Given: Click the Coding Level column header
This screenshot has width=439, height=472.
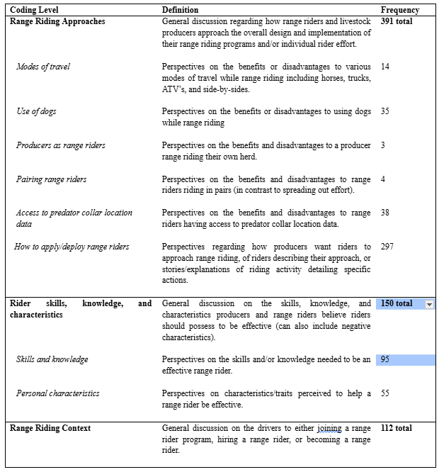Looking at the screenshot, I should pyautogui.click(x=34, y=10).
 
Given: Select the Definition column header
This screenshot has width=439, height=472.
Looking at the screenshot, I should pyautogui.click(x=180, y=10).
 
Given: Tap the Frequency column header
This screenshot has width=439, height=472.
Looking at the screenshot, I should pyautogui.click(x=399, y=10).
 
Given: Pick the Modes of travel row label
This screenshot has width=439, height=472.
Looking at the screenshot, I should pyautogui.click(x=43, y=67).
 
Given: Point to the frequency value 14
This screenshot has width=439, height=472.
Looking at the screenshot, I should pyautogui.click(x=385, y=67).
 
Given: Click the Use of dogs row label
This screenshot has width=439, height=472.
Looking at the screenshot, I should pyautogui.click(x=36, y=111).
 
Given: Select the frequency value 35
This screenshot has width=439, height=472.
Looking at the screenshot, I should pyautogui.click(x=385, y=111).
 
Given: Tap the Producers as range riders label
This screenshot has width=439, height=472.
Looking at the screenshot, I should pyautogui.click(x=60, y=145).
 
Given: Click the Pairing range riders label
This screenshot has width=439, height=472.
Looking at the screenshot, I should pyautogui.click(x=52, y=179).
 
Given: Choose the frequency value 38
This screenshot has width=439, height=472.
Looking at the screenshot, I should pyautogui.click(x=385, y=213).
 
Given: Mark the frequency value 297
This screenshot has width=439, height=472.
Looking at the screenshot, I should pyautogui.click(x=388, y=247).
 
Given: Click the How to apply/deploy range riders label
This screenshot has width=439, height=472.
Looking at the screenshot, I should pyautogui.click(x=72, y=247).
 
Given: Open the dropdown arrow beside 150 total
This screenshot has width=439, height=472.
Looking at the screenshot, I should pyautogui.click(x=429, y=304).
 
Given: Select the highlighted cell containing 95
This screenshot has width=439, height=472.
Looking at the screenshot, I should pyautogui.click(x=405, y=360).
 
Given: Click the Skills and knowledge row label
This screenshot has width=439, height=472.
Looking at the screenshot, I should pyautogui.click(x=52, y=360).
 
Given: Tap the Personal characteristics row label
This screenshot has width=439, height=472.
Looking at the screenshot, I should pyautogui.click(x=57, y=393).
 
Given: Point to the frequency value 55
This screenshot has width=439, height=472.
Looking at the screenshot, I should pyautogui.click(x=385, y=393).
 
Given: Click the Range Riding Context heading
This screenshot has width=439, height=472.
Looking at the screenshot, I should pyautogui.click(x=50, y=428).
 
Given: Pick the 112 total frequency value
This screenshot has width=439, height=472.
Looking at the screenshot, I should pyautogui.click(x=397, y=428).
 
